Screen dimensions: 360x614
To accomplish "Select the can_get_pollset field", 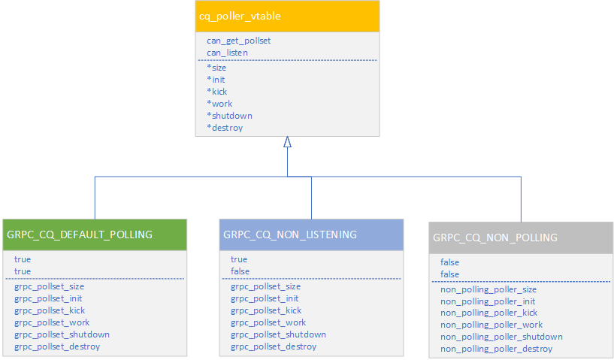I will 238,41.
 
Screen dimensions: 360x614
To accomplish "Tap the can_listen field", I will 227,53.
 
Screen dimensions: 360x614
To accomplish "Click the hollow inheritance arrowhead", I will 287,142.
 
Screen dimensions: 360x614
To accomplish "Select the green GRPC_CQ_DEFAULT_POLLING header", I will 80,234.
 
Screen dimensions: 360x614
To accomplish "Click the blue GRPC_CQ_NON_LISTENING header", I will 290,234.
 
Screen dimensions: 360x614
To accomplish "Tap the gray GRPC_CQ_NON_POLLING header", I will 495,237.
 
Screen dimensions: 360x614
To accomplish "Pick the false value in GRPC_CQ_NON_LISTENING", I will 240,271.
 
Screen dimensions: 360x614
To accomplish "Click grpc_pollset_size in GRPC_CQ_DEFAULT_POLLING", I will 49,286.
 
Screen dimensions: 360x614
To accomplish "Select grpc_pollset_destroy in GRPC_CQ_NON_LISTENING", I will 274,346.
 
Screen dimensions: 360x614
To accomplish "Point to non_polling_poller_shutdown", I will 501,337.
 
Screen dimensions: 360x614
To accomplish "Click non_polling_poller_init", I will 488,301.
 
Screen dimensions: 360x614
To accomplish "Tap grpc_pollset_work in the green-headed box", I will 52,322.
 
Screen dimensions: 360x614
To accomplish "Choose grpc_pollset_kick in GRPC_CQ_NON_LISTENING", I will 266,310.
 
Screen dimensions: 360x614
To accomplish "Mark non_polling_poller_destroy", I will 496,349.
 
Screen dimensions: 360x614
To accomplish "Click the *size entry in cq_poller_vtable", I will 216,68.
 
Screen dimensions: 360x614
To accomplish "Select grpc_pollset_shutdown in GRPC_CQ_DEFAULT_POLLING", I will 62,334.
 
